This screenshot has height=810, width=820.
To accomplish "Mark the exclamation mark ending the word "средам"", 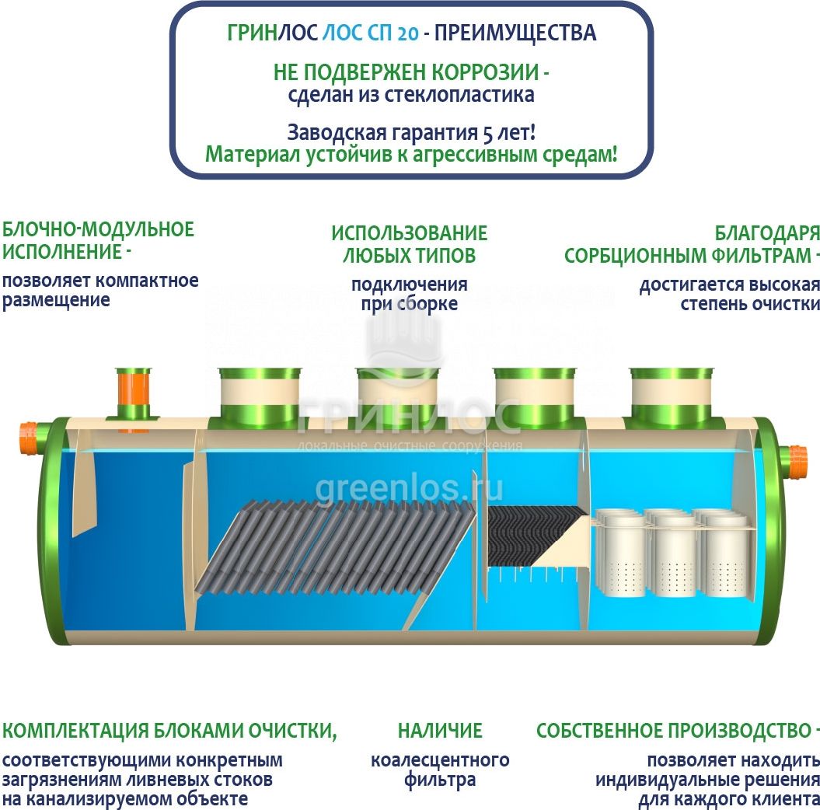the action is (614, 154).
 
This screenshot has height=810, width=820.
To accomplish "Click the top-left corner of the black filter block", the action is (487, 507).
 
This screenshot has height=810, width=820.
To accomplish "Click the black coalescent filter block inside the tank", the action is (533, 536).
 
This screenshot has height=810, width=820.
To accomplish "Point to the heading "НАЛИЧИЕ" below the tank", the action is (440, 731).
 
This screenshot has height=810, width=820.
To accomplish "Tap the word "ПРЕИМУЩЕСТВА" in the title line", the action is (515, 33).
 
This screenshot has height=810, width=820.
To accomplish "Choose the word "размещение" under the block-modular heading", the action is (56, 301).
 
